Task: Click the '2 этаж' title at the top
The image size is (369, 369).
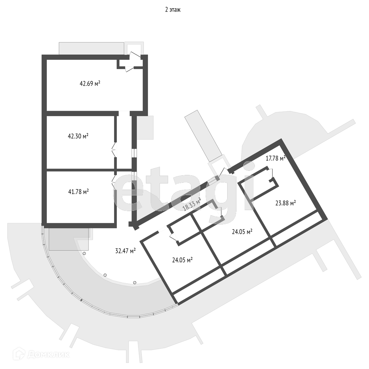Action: (173, 10)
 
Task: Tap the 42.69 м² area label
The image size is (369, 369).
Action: (90, 83)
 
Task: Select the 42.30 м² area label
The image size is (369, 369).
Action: (78, 136)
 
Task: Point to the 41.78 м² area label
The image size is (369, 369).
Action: (79, 192)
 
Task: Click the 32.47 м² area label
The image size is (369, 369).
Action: (125, 251)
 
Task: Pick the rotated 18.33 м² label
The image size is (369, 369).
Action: (192, 204)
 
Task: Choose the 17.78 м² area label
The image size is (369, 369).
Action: (275, 158)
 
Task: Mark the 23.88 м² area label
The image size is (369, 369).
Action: (285, 203)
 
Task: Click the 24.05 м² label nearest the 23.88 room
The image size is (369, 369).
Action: (242, 232)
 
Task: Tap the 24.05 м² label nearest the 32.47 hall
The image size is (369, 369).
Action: (182, 260)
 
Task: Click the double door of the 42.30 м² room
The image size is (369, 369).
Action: (114, 150)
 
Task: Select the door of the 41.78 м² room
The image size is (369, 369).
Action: (114, 181)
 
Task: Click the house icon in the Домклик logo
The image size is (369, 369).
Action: (19, 353)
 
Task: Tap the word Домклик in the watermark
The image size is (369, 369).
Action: (48, 354)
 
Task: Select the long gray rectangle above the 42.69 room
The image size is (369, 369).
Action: (91, 48)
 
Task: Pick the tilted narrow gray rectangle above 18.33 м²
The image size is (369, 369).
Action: (203, 136)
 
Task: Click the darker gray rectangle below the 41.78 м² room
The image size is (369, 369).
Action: (69, 239)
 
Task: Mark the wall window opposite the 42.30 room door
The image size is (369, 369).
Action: (134, 153)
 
